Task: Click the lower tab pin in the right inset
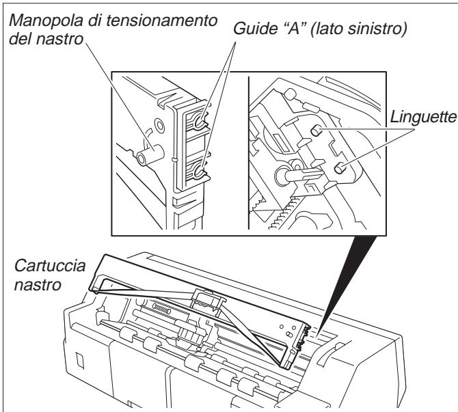tap(338, 149)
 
